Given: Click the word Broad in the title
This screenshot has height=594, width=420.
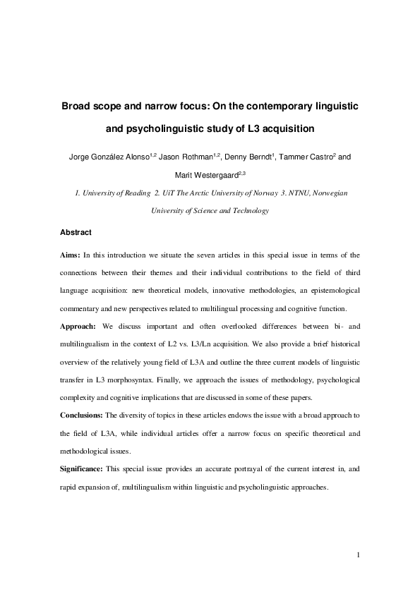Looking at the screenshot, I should (78, 106).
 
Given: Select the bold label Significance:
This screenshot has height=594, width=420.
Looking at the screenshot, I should (81, 468).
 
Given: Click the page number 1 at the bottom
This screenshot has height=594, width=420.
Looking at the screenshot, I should (359, 554).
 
